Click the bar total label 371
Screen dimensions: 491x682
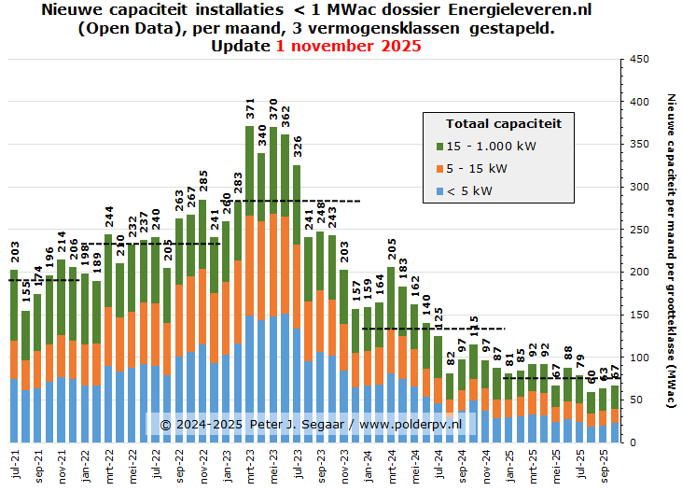pyautogui.click(x=250, y=108)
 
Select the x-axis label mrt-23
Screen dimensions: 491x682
pyautogui.click(x=250, y=464)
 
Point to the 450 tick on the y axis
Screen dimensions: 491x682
pyautogui.click(x=639, y=59)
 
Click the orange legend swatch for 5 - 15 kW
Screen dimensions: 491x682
pyautogui.click(x=440, y=169)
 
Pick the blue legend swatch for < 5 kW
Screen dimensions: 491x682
pyautogui.click(x=440, y=191)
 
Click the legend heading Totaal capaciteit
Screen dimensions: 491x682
pyautogui.click(x=503, y=123)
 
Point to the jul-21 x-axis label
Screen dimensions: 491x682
pyautogui.click(x=14, y=464)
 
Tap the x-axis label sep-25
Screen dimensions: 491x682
pyautogui.click(x=604, y=464)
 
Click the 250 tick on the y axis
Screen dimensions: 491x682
pyautogui.click(x=639, y=230)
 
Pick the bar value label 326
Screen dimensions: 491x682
pyautogui.click(x=297, y=147)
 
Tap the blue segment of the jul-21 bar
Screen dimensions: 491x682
pyautogui.click(x=14, y=410)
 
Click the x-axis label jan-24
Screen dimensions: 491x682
pyautogui.click(x=368, y=464)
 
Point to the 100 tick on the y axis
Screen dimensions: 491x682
pyautogui.click(x=639, y=358)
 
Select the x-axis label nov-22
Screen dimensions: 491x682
pyautogui.click(x=202, y=464)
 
